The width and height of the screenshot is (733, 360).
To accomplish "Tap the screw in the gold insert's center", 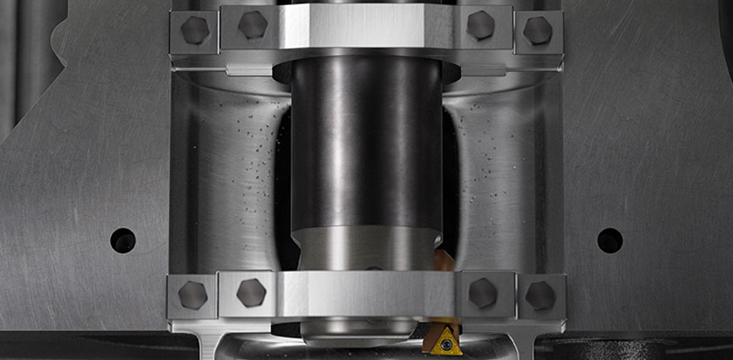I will [446, 345].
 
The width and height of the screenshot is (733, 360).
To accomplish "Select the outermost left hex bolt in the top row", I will [194, 30].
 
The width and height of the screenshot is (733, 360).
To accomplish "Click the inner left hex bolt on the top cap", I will [253, 25].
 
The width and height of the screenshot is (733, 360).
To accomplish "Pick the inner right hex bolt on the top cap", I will [480, 25].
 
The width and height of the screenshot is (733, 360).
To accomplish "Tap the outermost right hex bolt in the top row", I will [538, 30].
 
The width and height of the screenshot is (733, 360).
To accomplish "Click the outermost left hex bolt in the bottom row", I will [193, 295].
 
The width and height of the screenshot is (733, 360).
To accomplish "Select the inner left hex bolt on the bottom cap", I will [252, 292].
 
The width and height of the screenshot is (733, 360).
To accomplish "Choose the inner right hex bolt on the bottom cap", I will [482, 292].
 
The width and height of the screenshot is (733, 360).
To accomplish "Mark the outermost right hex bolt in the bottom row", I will [540, 295].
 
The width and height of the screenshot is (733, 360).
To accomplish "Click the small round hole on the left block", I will [123, 240].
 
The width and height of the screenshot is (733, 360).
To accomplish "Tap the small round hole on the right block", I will [609, 241].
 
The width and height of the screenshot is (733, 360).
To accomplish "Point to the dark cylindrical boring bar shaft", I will [366, 144].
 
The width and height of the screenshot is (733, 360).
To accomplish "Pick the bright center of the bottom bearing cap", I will [366, 293].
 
